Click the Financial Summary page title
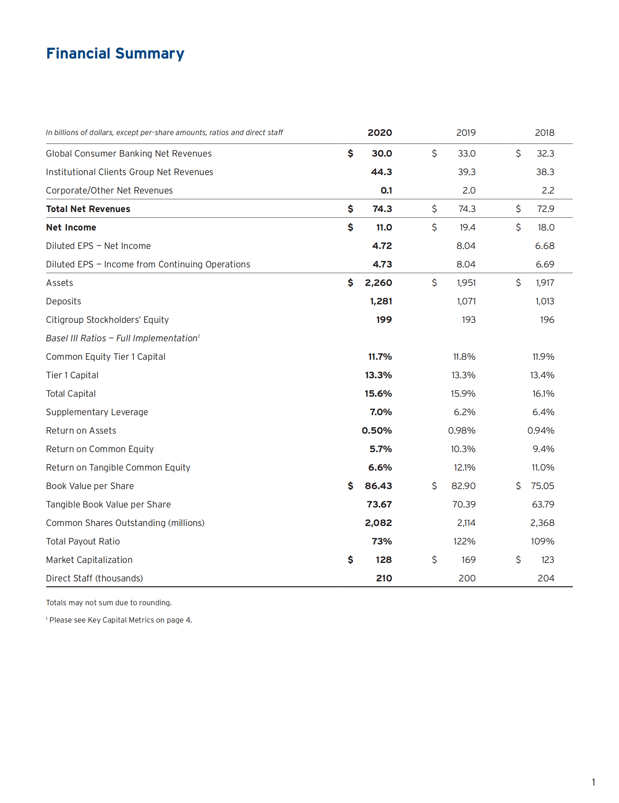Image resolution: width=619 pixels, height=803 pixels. click(x=115, y=53)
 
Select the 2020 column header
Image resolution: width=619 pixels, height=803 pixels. click(x=379, y=133)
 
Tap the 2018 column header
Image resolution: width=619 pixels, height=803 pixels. click(x=544, y=133)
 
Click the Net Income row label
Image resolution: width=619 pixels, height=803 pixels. click(x=71, y=227)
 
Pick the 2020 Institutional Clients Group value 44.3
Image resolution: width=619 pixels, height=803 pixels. click(x=381, y=172)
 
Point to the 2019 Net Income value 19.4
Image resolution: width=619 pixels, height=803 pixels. click(x=467, y=227)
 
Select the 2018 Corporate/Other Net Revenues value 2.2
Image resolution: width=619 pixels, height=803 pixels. click(x=548, y=190)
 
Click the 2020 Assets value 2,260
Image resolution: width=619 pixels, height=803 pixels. click(x=378, y=283)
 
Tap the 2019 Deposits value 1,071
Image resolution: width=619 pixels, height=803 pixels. click(x=466, y=301)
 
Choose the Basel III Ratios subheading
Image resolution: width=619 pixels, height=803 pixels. click(x=122, y=338)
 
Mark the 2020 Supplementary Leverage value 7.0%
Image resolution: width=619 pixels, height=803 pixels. click(x=381, y=412)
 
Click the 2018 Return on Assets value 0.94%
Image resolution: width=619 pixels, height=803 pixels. click(x=540, y=431)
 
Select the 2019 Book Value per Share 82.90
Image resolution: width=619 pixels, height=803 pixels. click(x=463, y=486)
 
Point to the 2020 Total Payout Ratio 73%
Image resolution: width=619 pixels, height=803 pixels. click(x=381, y=541)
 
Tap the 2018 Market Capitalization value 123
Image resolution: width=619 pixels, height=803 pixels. click(x=547, y=560)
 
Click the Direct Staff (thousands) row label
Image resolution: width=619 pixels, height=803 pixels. click(x=94, y=578)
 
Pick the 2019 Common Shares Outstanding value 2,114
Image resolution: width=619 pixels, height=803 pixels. click(x=466, y=523)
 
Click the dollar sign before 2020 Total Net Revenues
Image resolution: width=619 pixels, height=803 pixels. click(x=350, y=209)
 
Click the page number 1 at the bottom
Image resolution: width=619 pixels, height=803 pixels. click(x=593, y=782)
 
